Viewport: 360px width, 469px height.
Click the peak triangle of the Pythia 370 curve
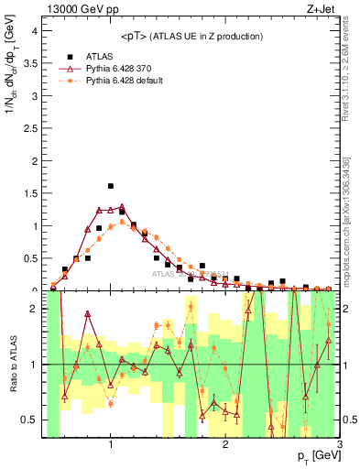pyautogui.click(x=122, y=207)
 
